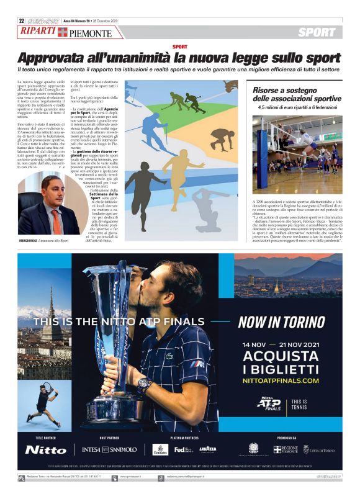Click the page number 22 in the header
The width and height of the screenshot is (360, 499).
(21, 20)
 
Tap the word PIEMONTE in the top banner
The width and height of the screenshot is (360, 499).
(91, 34)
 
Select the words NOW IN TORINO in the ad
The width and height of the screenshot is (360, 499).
(282, 322)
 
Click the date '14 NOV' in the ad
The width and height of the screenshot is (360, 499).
(254, 344)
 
